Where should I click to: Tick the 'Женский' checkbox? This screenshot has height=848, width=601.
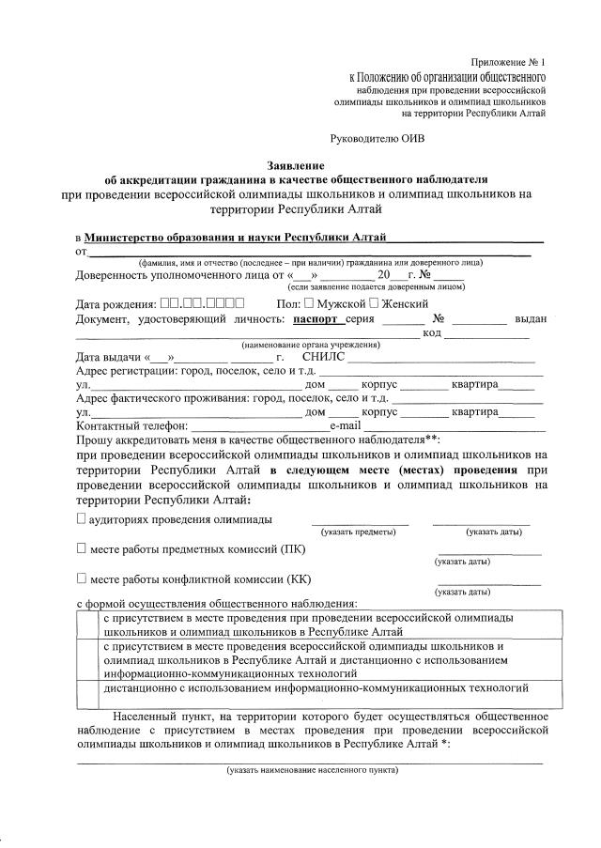[x=374, y=304]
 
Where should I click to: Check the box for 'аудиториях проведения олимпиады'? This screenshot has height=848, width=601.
[x=82, y=518]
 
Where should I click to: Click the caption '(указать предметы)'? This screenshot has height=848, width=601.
[x=359, y=532]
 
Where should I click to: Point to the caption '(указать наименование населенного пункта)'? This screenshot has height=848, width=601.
[x=311, y=770]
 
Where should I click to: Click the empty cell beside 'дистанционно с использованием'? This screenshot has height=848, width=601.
[x=88, y=687]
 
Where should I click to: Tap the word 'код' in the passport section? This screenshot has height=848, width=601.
[x=432, y=333]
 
